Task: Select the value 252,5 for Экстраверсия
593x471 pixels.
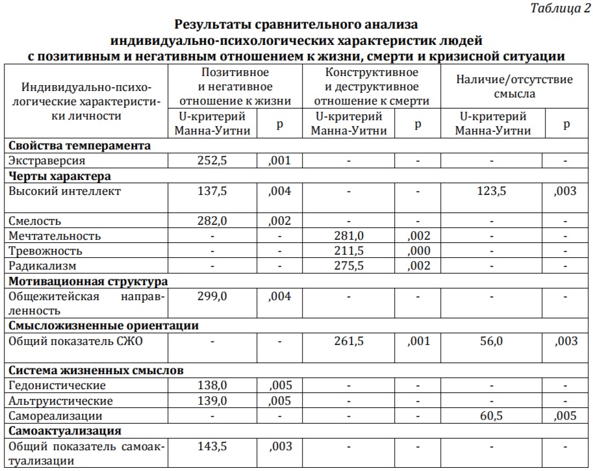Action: click(212, 160)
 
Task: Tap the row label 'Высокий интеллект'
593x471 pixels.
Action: click(66, 191)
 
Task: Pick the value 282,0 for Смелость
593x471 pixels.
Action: click(212, 221)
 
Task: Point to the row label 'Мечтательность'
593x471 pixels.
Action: click(55, 236)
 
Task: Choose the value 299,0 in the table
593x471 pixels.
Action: click(212, 296)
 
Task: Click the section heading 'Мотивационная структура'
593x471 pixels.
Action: click(88, 281)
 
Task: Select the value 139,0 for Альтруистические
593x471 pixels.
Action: click(212, 401)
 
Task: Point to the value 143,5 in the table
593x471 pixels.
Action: click(212, 446)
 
